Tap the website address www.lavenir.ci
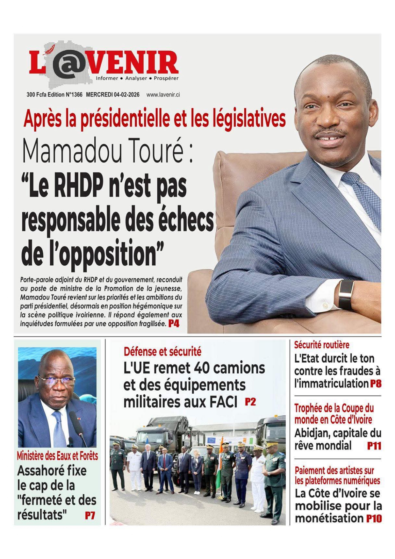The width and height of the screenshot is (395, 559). point(163,95)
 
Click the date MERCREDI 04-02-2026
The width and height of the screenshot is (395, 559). point(112,95)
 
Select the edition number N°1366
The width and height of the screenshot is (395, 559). point(74,95)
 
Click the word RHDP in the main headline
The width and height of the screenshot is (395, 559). point(79,187)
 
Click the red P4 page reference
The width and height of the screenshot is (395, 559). point(174,324)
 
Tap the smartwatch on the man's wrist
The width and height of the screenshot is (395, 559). point(346,294)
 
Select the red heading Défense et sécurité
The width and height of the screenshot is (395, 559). point(162,352)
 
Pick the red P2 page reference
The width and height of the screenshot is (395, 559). point(250,402)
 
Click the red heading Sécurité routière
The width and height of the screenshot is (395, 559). point(321,345)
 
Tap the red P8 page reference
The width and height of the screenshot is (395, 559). point(376,383)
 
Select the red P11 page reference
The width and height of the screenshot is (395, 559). point(374,446)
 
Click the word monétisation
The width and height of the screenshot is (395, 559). point(329,518)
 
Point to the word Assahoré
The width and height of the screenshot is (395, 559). point(52,470)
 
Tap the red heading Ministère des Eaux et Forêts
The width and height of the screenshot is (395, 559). point(57,456)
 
